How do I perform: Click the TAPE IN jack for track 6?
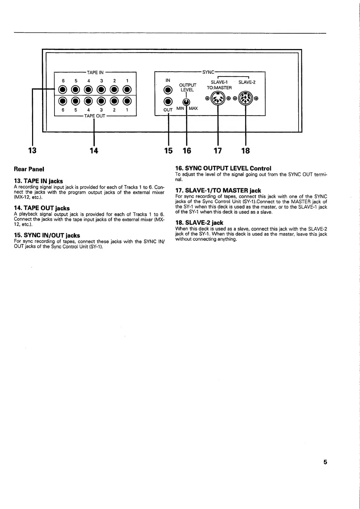tap(63, 90)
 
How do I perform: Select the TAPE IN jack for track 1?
tap(127, 90)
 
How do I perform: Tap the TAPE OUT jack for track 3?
tap(102, 101)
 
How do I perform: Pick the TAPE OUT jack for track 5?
tap(76, 101)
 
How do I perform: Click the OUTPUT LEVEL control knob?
tap(187, 102)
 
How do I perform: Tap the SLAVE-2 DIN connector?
tap(245, 98)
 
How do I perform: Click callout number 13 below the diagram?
tap(32, 150)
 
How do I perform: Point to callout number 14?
tap(94, 150)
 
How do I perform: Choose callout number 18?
tap(246, 150)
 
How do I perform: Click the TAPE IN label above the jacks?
tap(95, 73)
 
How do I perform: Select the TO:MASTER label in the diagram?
tap(219, 88)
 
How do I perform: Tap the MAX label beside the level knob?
tap(193, 108)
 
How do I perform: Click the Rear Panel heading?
tap(29, 169)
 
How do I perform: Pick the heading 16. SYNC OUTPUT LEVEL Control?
tap(223, 168)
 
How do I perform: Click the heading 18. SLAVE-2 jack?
tap(199, 223)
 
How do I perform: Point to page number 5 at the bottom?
tap(325, 462)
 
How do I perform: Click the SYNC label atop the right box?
tap(208, 72)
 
